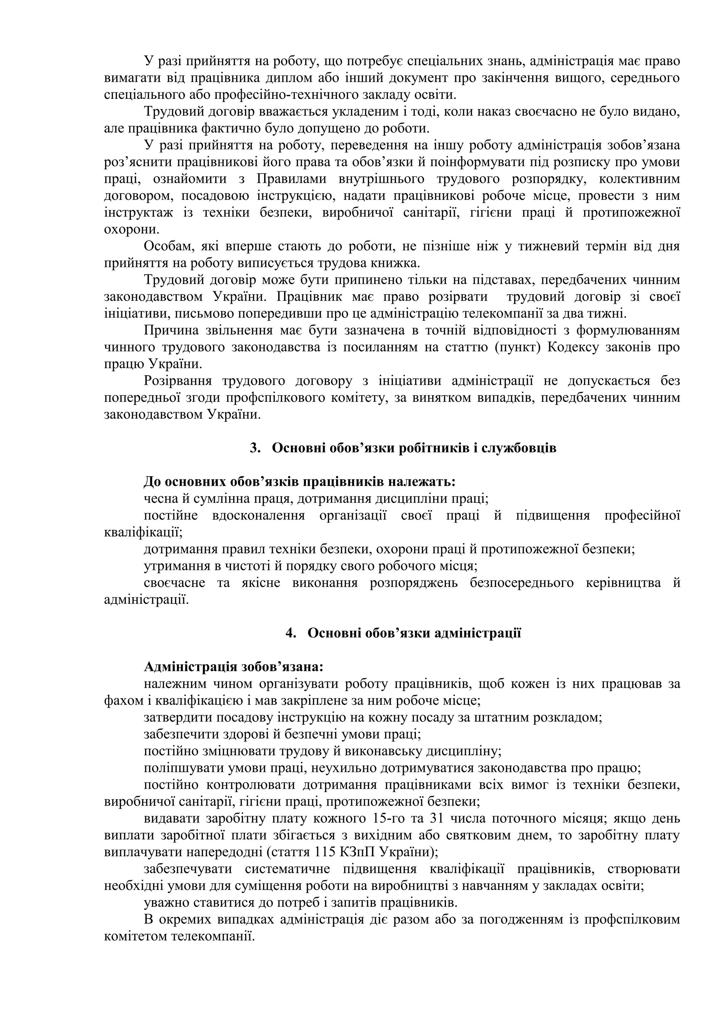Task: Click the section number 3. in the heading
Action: pyautogui.click(x=255, y=448)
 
